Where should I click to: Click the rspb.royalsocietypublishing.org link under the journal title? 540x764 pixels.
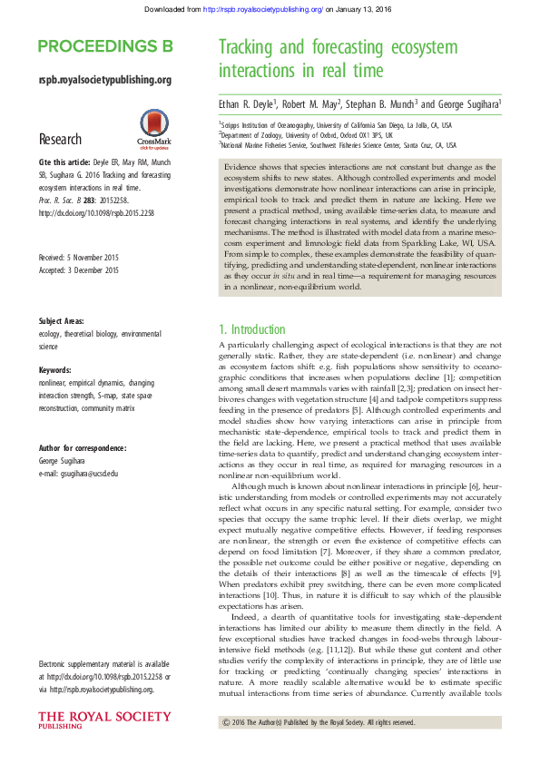[x=105, y=81]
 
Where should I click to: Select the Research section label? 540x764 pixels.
[x=60, y=139]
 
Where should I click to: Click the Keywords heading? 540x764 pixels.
[x=56, y=371]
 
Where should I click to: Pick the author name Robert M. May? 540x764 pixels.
[x=314, y=104]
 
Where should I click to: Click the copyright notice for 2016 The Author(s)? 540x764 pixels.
[x=318, y=722]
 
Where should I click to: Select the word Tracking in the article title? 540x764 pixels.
[x=254, y=48]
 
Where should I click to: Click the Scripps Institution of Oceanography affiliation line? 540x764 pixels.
[x=336, y=125]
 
